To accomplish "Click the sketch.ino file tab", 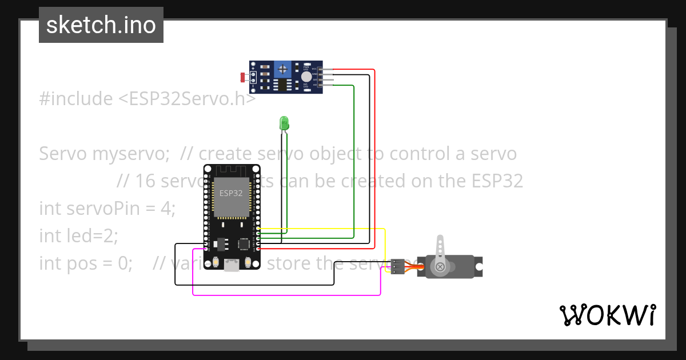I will point(101,25).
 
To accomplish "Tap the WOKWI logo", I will point(607,315).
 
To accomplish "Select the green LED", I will point(284,123).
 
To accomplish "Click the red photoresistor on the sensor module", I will point(243,77).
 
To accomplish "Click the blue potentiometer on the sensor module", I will point(282,70).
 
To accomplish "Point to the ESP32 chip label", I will point(231,193).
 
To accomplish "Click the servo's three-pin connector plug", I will point(398,266).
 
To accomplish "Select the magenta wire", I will point(286,295).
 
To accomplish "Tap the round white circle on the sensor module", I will point(307,77).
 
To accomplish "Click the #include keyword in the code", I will point(76,99).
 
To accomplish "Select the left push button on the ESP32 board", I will point(216,262).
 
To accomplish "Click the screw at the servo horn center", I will point(440,267).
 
